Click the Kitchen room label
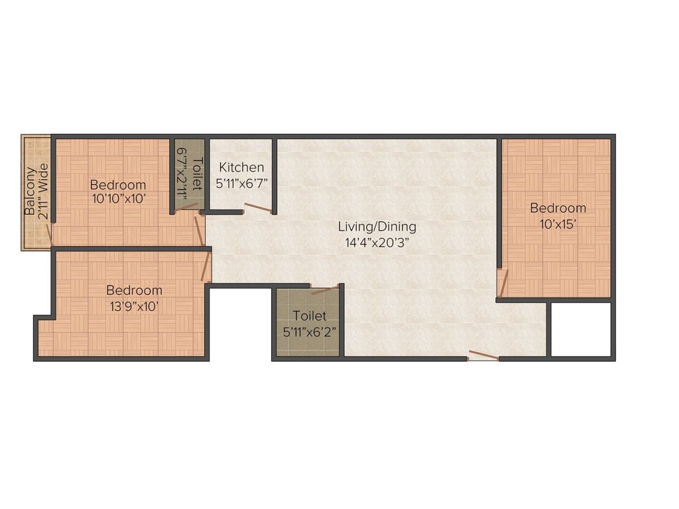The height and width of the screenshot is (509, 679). (241, 167)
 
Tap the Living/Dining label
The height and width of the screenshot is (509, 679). (377, 227)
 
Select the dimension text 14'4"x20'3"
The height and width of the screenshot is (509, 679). (377, 243)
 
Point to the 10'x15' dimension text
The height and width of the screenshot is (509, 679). (558, 224)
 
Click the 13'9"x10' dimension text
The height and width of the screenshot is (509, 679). (134, 306)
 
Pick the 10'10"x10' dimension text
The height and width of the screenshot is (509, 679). (118, 199)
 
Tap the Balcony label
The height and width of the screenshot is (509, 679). (30, 191)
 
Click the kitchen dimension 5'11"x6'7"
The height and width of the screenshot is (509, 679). (241, 183)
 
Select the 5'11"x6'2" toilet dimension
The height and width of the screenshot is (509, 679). (310, 332)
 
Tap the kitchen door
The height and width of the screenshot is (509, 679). (259, 207)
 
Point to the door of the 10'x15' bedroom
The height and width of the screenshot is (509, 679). (503, 284)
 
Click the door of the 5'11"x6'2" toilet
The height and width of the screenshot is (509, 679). (325, 290)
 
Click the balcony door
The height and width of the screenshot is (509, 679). (49, 235)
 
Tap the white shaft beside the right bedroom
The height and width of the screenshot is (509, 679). (581, 329)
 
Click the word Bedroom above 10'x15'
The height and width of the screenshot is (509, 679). (558, 208)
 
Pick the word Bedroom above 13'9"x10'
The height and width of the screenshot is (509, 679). (134, 290)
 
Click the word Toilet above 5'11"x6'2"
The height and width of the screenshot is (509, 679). (309, 315)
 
